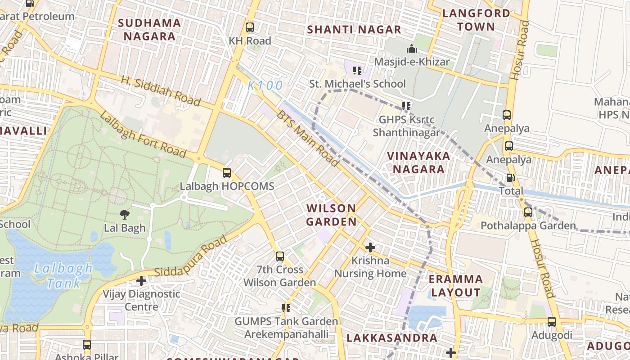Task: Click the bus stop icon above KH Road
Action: (x=250, y=27)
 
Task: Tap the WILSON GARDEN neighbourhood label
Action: (x=331, y=215)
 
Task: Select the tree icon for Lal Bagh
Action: (x=125, y=215)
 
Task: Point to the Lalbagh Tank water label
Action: (x=63, y=276)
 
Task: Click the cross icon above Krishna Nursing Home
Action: (x=370, y=247)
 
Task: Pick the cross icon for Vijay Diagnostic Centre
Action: (x=141, y=281)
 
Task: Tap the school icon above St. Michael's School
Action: (x=357, y=71)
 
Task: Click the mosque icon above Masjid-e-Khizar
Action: (x=412, y=49)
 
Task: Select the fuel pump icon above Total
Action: (x=510, y=178)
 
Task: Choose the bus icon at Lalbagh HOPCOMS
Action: (x=227, y=173)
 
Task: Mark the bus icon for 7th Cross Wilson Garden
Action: (x=280, y=256)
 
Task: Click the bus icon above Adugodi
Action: (x=552, y=322)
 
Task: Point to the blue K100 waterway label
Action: (x=265, y=85)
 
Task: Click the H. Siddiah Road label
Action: (x=161, y=91)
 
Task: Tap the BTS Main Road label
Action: (x=307, y=138)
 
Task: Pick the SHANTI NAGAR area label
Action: (x=354, y=30)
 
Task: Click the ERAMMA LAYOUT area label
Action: (x=455, y=286)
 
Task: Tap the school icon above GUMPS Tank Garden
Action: (x=286, y=308)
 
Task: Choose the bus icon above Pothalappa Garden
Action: (x=528, y=212)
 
